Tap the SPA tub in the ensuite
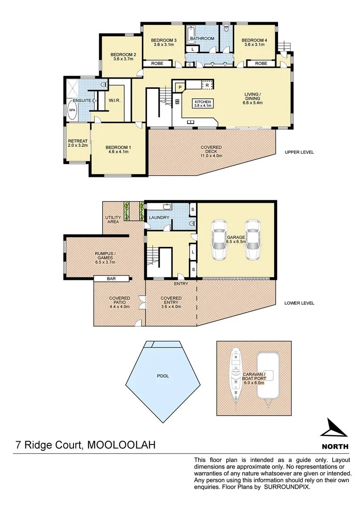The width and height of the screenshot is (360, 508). click(x=72, y=110)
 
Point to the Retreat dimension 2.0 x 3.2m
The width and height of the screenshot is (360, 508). click(x=78, y=146)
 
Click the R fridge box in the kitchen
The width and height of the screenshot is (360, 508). click(x=207, y=85)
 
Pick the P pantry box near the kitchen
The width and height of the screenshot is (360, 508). click(x=180, y=87)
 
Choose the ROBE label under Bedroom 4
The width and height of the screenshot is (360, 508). click(x=261, y=63)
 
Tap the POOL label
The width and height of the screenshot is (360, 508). click(x=163, y=376)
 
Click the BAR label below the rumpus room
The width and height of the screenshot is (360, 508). click(x=111, y=278)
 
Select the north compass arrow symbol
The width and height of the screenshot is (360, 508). click(x=335, y=429)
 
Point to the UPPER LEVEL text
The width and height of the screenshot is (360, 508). click(x=299, y=152)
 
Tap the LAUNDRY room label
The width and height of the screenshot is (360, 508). click(x=159, y=218)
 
